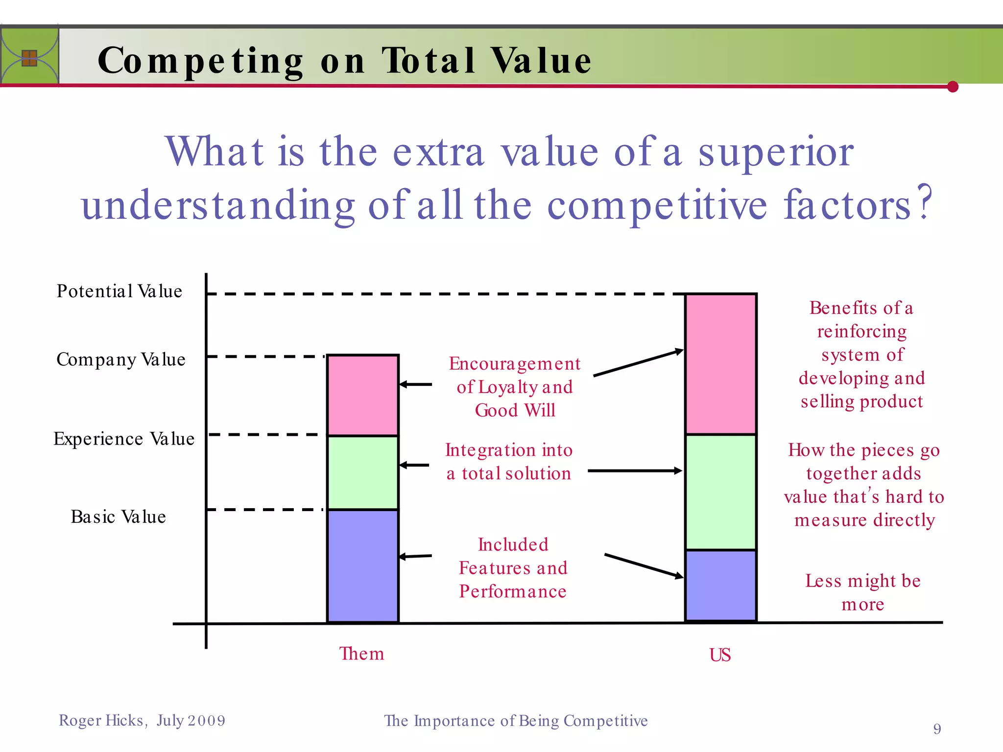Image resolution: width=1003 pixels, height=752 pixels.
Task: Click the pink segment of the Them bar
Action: [362, 395]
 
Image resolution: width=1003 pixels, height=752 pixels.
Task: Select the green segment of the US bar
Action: [720, 492]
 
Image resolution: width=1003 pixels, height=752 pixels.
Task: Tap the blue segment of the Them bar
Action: [362, 565]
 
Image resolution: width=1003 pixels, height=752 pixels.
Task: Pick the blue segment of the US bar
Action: [720, 585]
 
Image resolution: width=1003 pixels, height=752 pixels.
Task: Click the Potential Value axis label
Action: [119, 291]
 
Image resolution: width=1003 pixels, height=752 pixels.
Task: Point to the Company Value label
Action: [120, 359]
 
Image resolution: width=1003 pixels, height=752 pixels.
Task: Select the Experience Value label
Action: [123, 439]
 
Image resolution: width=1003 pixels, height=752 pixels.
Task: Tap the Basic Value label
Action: [118, 517]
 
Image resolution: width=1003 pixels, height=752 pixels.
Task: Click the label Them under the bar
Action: [361, 654]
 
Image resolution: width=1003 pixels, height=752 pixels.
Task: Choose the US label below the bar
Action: [720, 655]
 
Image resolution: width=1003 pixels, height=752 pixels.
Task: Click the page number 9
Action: [937, 729]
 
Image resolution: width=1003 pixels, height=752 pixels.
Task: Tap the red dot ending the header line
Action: [953, 87]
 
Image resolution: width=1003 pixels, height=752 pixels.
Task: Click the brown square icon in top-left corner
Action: [29, 58]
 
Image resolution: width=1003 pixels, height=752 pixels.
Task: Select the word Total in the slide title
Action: [428, 61]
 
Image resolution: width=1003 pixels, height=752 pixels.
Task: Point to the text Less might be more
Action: [863, 592]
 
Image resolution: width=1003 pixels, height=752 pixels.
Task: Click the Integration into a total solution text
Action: [509, 462]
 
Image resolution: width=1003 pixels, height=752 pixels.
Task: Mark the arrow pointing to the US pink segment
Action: [638, 363]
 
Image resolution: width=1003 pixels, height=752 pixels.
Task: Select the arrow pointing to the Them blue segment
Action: [415, 556]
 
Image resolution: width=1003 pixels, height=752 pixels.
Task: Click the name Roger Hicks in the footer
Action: [101, 721]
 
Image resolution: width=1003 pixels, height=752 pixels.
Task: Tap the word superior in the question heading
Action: [776, 152]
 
